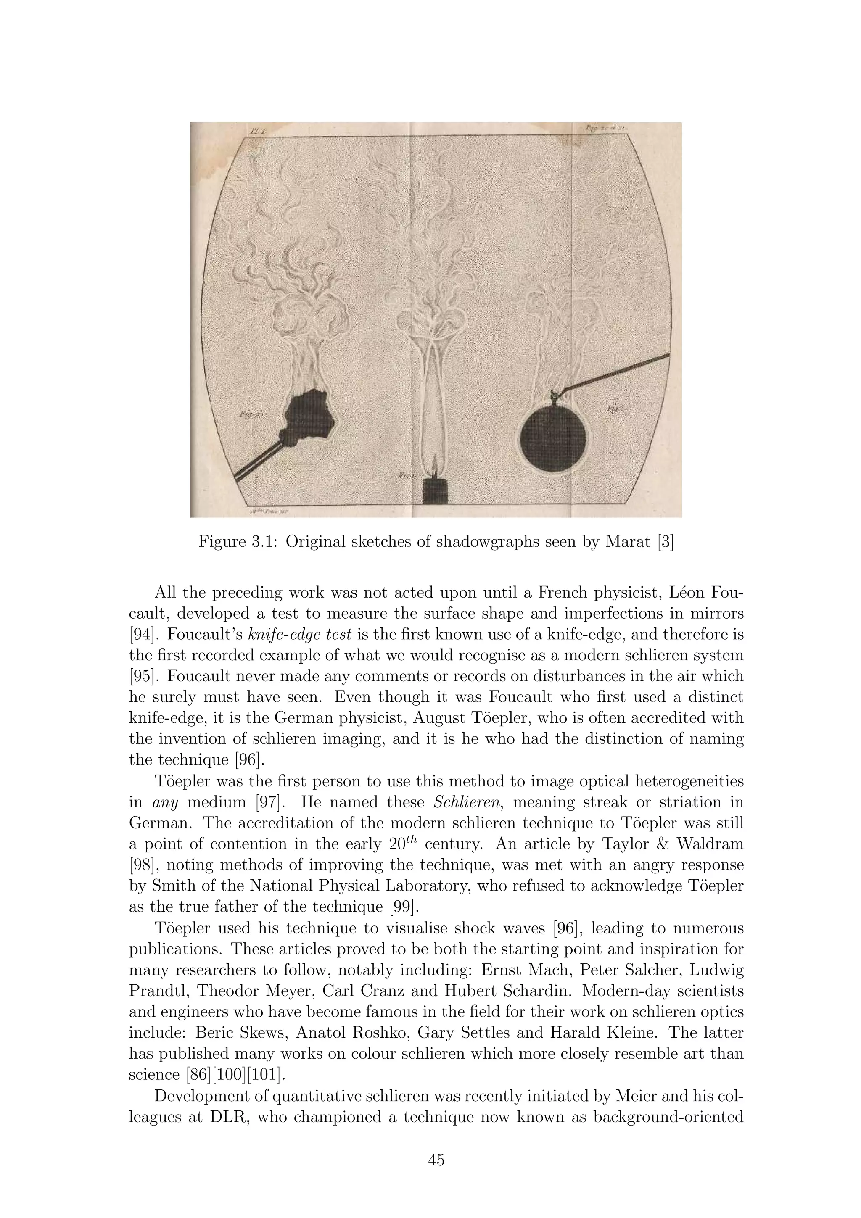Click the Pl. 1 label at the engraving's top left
tap(260, 130)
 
